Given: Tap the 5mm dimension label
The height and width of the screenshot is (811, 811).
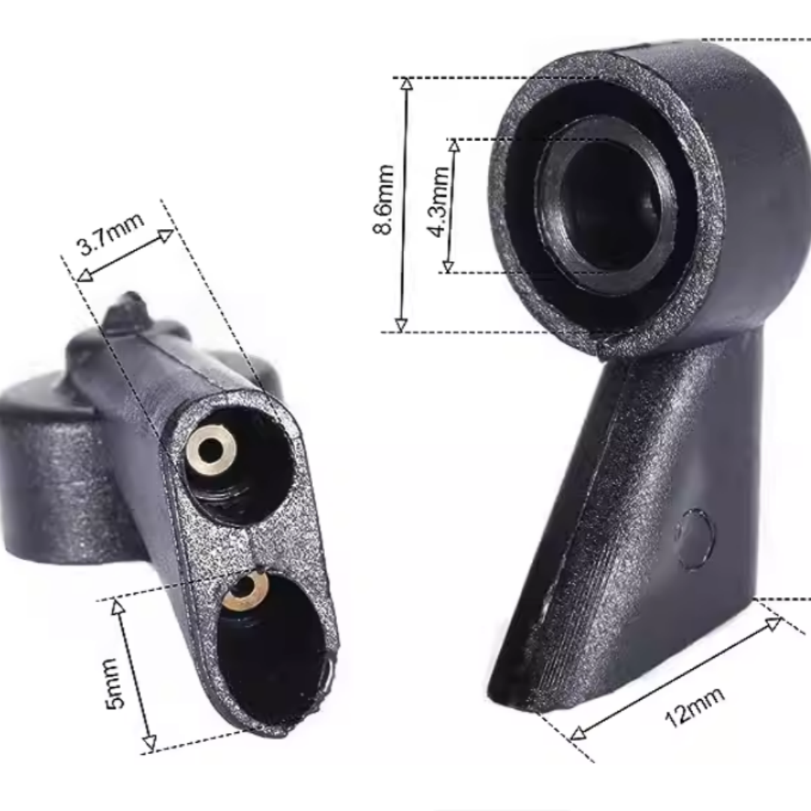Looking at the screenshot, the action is coord(114,683).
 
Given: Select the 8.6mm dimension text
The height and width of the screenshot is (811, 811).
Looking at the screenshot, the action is coord(384,200).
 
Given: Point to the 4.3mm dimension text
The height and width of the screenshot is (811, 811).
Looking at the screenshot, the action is coord(439,201).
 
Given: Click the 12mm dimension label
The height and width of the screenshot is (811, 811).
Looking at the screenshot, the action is coord(694,707).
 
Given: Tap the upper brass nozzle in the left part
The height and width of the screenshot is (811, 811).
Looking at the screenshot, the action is coord(211,449).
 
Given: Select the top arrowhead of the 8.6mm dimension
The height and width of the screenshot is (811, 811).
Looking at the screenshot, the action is coord(408,84).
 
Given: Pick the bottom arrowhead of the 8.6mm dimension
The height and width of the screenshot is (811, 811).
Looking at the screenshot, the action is coord(401,325).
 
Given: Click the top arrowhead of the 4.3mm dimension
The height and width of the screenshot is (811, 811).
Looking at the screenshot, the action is coord(454,146).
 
